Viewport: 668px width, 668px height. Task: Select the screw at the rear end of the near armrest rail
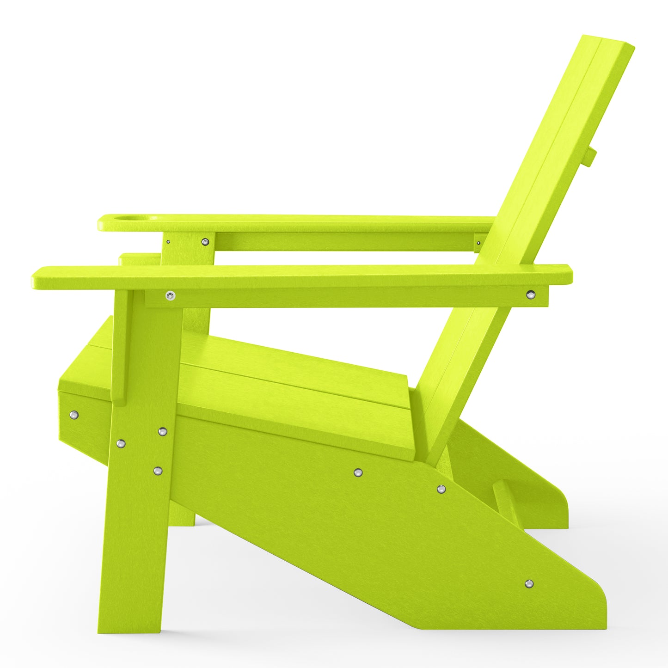(531, 294)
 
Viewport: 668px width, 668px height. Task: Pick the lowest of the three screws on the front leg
(158, 471)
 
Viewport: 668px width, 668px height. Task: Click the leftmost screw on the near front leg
(121, 443)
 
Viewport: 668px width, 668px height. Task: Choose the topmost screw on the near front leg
(162, 431)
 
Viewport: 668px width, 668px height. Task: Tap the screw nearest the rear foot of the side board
(529, 584)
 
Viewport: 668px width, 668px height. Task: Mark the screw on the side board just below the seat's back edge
(357, 472)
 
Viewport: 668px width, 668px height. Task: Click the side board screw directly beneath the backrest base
(441, 489)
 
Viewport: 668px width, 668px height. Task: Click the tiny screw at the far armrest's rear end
(478, 242)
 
